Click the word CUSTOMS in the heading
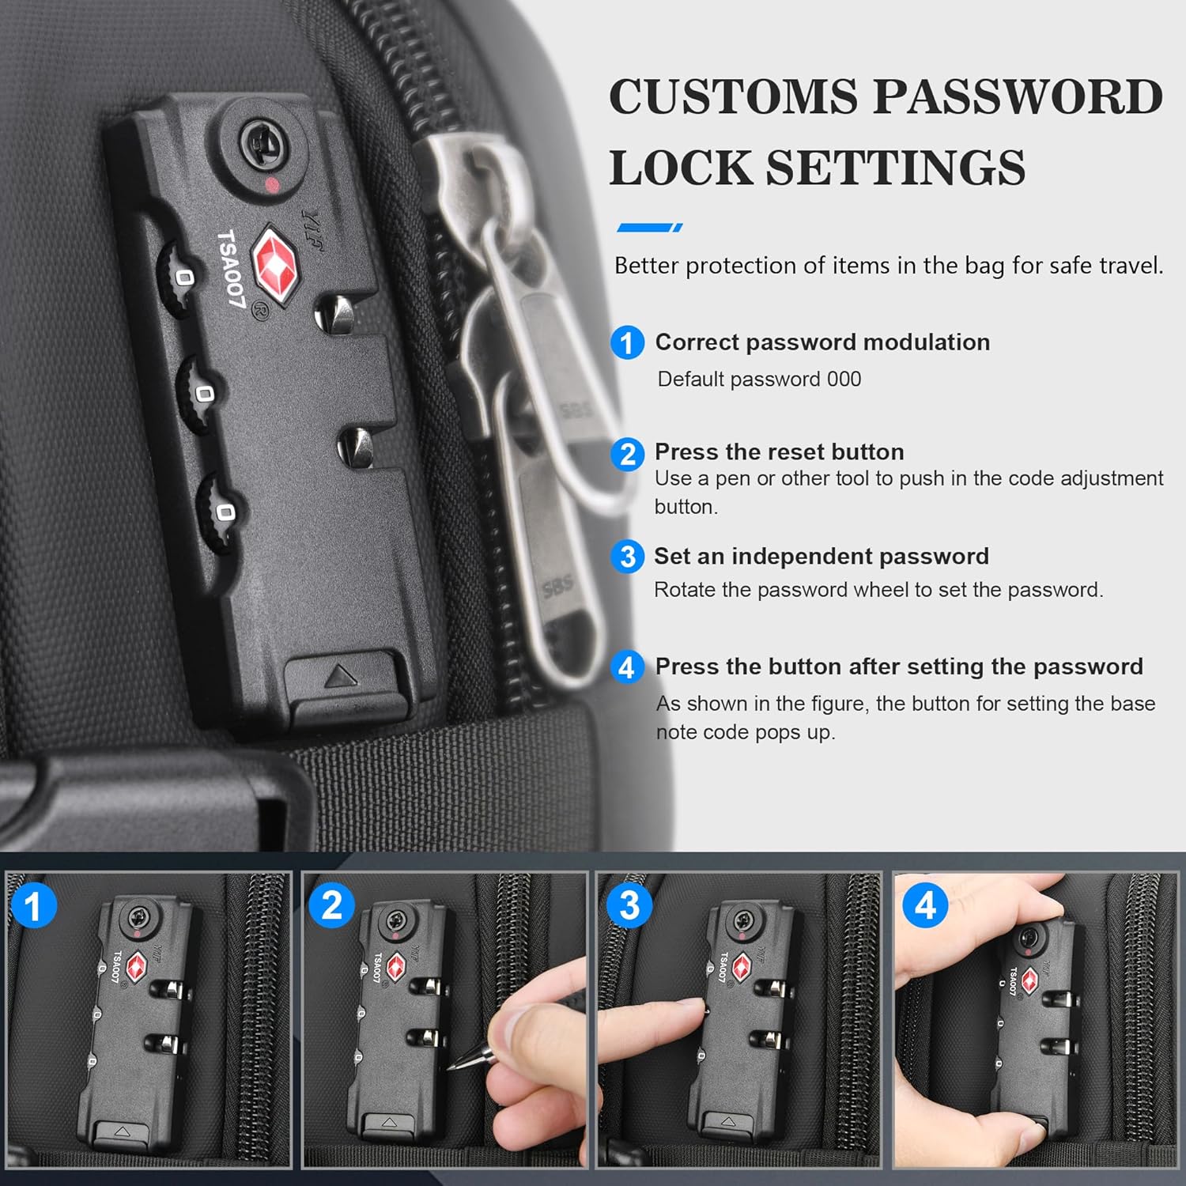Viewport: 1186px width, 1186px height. click(733, 96)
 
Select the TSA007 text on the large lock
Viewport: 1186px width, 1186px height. click(232, 270)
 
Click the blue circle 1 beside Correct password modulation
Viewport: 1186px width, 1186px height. click(627, 343)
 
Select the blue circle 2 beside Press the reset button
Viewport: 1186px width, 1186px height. click(627, 454)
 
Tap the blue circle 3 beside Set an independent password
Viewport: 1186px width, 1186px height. click(627, 557)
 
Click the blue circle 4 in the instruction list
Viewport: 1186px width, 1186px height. click(627, 667)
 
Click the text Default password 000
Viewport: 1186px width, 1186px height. click(759, 380)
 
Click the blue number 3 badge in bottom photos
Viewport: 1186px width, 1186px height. click(629, 906)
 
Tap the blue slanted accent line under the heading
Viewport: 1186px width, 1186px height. click(648, 228)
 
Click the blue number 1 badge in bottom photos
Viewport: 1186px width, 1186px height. click(33, 906)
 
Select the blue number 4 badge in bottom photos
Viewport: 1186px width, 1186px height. click(925, 906)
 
